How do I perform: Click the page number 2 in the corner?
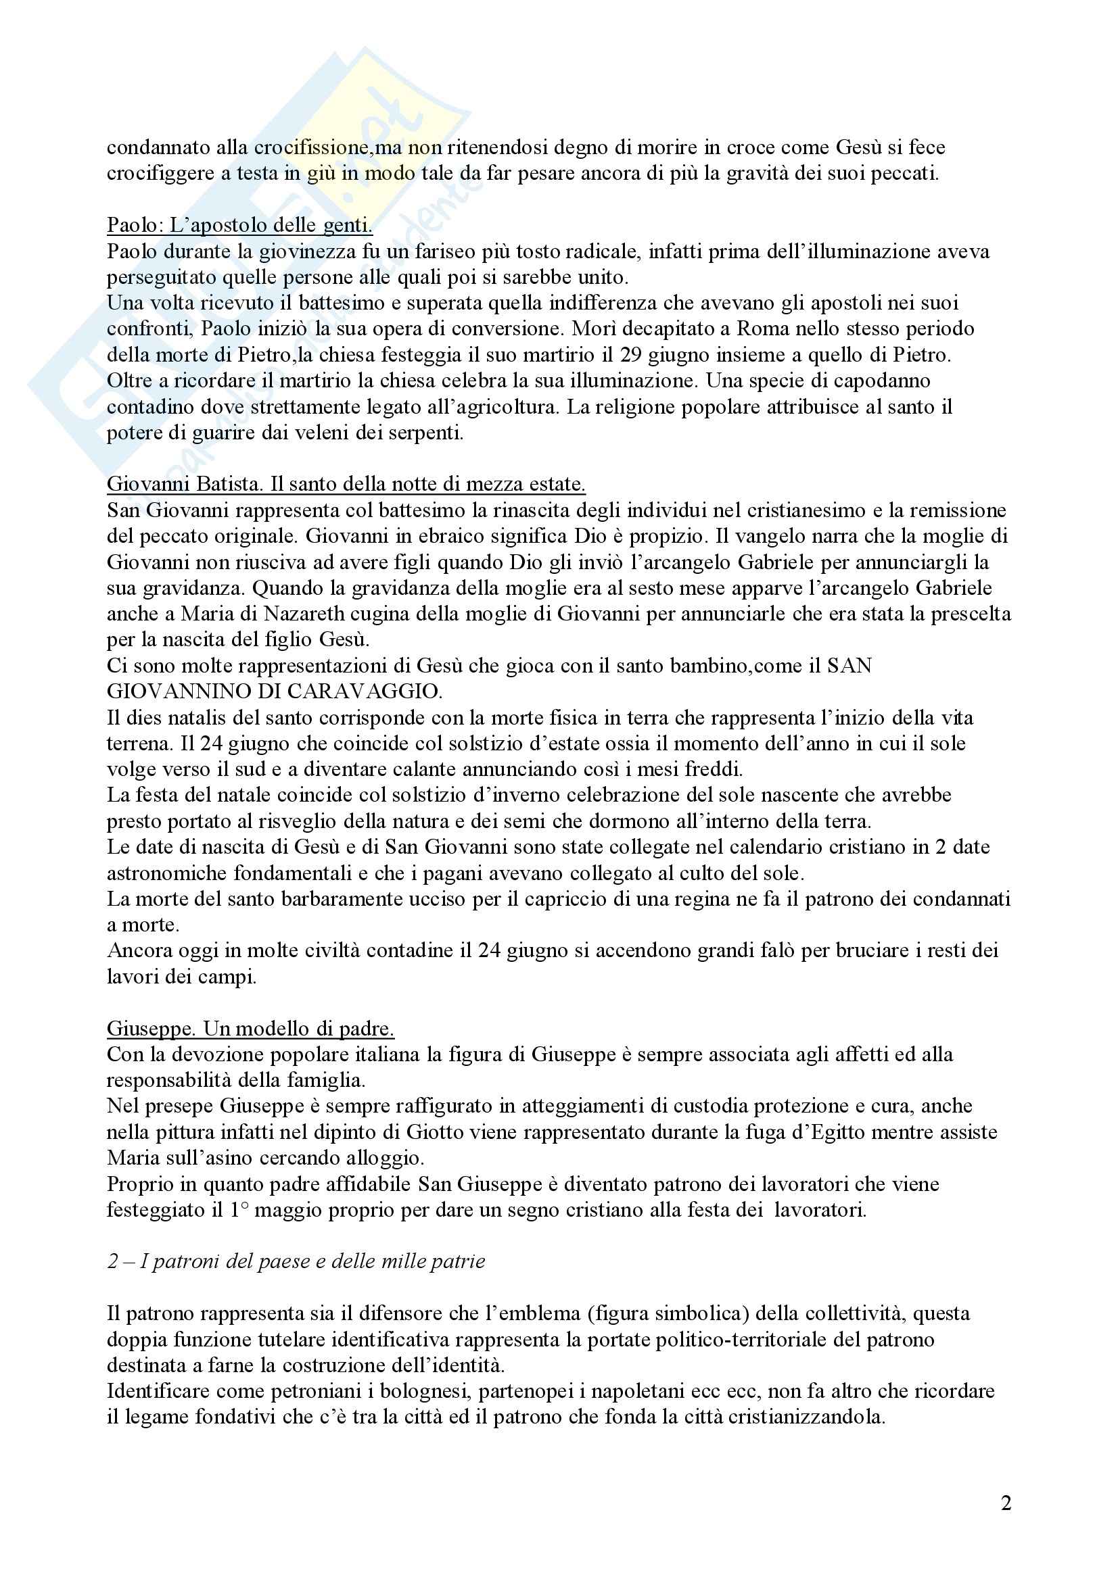pyautogui.click(x=1006, y=1503)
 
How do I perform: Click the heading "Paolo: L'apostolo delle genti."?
pyautogui.click(x=239, y=225)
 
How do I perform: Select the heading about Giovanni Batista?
pyautogui.click(x=346, y=484)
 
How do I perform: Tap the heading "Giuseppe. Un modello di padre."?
pyautogui.click(x=250, y=1029)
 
